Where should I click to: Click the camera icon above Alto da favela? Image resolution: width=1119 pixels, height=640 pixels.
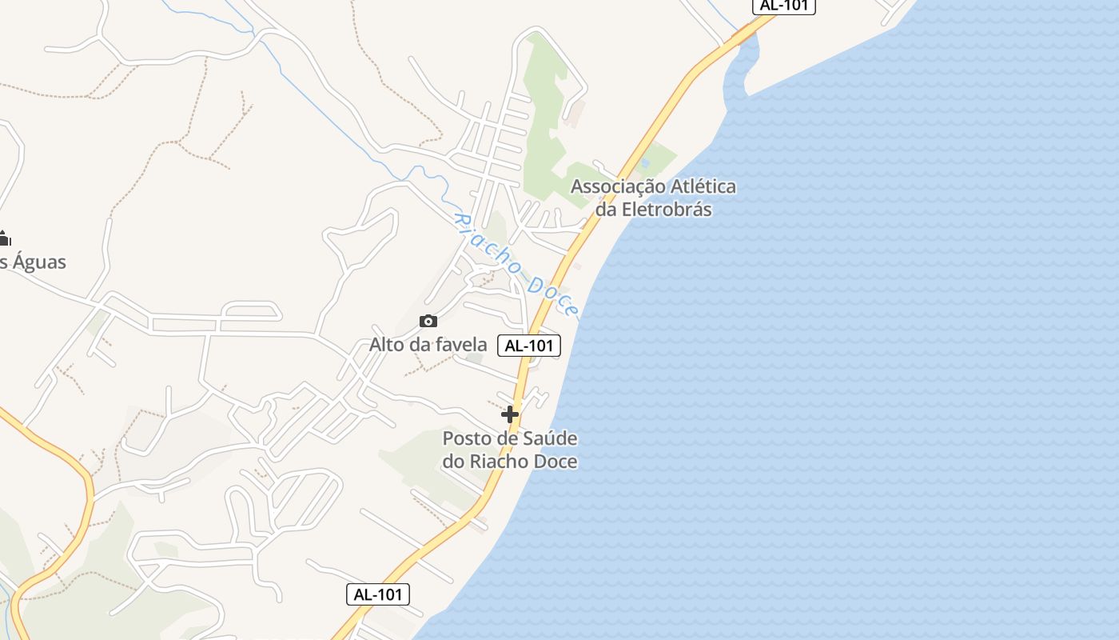tap(428, 321)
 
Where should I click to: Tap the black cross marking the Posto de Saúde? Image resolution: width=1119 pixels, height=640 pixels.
tap(510, 414)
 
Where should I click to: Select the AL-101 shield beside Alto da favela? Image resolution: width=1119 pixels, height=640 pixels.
tap(529, 346)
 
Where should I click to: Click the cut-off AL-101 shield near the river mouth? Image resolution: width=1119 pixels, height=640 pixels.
tap(784, 6)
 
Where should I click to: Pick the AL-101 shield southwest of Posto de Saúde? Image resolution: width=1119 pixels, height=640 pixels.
tap(378, 594)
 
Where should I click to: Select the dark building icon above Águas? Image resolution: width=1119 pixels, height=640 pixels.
tap(4, 238)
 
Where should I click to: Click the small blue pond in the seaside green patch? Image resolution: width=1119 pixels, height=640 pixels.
tap(645, 162)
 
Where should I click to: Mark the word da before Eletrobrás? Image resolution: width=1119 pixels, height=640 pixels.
tap(605, 210)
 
